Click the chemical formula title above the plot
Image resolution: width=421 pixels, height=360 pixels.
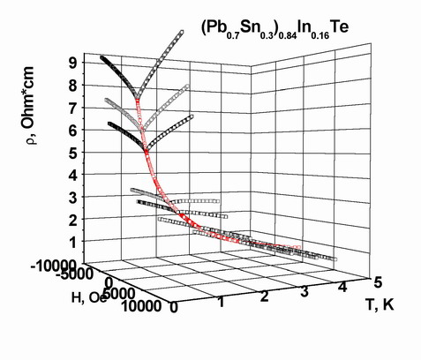click(274, 30)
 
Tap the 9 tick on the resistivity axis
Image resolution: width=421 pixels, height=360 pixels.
click(72, 63)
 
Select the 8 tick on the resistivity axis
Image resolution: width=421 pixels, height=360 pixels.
click(72, 86)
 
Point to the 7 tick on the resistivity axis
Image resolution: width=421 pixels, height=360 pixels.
click(72, 108)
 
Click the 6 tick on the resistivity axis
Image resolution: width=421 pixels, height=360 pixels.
click(72, 131)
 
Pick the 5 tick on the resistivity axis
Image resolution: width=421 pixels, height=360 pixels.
click(72, 154)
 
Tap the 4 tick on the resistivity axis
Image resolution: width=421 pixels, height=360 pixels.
click(72, 176)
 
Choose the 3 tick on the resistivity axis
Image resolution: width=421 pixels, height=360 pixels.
click(72, 199)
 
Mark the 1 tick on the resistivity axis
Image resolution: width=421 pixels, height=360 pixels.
click(72, 243)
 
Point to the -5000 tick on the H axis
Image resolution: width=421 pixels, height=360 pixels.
click(73, 274)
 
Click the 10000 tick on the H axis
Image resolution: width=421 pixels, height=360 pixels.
click(140, 306)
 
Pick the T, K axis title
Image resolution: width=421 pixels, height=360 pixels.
click(380, 304)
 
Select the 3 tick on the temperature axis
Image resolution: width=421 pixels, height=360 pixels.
click(304, 292)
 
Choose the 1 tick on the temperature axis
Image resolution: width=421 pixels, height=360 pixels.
click(221, 303)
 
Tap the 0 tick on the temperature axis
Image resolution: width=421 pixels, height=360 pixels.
click(174, 308)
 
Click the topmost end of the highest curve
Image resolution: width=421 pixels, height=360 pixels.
click(182, 32)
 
